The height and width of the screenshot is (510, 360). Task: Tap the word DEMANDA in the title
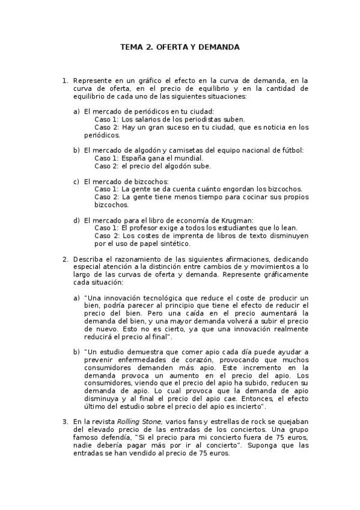coord(219,46)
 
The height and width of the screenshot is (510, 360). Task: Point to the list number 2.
coord(65,259)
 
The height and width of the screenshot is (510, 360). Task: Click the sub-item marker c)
coord(76,182)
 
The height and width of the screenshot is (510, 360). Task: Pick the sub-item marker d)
coord(76,220)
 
